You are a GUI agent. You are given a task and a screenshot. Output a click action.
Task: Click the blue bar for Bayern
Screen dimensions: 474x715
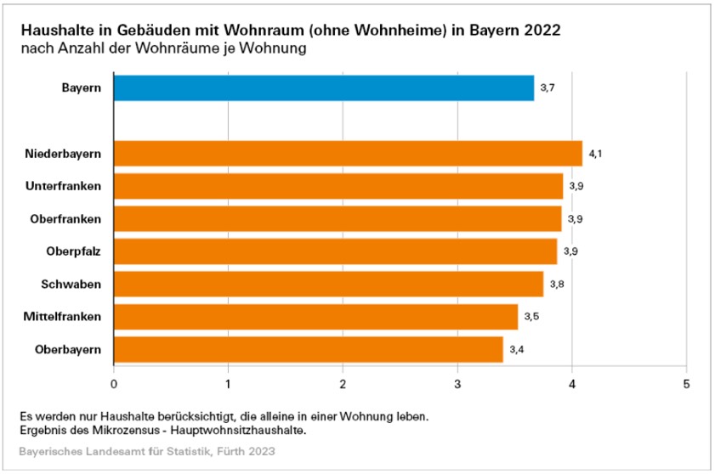point(323,87)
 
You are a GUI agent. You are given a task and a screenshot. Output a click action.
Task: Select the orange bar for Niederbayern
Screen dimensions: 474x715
point(348,154)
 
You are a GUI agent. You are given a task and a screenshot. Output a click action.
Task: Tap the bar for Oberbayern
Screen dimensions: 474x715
point(308,349)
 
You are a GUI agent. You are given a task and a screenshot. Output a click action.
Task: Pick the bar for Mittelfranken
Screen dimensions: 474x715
point(315,317)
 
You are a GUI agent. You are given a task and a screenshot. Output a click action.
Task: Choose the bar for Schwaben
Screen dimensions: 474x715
point(328,284)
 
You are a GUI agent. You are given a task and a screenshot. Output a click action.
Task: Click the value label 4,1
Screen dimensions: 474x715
point(595,154)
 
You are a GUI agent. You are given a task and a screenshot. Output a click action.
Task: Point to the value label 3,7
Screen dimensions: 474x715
point(548,87)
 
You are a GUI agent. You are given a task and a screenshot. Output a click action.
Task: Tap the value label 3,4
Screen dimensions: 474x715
point(516,349)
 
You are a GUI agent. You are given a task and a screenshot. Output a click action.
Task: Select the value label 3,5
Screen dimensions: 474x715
point(531,317)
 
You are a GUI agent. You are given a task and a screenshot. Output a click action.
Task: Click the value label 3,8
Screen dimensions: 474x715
point(557,284)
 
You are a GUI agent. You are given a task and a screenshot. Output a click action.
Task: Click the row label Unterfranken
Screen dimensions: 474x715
point(66,186)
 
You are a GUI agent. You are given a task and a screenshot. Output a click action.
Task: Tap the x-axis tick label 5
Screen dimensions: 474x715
point(686,383)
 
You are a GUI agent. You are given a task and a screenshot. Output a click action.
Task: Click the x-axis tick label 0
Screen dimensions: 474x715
point(114,383)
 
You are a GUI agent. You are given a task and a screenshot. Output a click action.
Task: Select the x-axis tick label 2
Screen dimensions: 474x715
point(343,383)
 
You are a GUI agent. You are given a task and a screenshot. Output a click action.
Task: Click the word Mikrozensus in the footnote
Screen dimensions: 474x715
point(114,431)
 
